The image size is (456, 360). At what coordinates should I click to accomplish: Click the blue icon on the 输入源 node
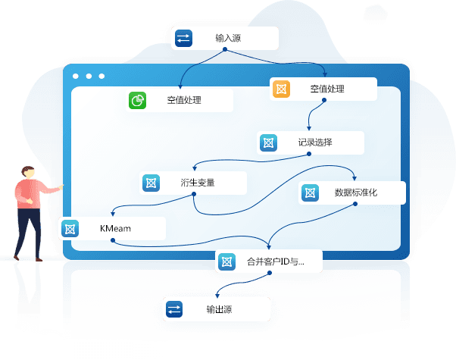(183, 38)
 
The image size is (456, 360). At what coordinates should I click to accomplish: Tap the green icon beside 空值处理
(137, 100)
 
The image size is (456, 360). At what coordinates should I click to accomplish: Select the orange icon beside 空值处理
(281, 89)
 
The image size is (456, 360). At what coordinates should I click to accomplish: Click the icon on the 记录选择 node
(268, 143)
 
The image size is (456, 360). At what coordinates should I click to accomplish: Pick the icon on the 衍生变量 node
(151, 183)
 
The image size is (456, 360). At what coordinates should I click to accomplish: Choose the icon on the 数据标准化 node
(310, 193)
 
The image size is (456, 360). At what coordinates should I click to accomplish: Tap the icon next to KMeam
(70, 229)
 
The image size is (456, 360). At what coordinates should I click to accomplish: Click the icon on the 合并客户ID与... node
(226, 262)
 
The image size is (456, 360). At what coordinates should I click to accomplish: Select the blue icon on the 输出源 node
(174, 309)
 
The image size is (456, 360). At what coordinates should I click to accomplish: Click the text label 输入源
(228, 38)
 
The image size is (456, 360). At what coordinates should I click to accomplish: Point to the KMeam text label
(115, 228)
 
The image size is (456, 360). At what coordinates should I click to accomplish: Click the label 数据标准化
(356, 193)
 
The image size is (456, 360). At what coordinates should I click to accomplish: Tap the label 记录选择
(315, 142)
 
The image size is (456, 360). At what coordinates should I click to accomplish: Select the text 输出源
(219, 309)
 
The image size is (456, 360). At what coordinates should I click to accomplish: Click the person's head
(28, 172)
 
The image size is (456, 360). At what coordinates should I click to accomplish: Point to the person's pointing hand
(61, 187)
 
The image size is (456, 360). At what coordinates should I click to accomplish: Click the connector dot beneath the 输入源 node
(225, 49)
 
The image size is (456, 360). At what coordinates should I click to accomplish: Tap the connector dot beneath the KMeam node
(113, 240)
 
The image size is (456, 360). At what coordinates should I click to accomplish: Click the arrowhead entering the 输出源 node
(217, 296)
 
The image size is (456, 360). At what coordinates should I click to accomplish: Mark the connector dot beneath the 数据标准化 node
(355, 204)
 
